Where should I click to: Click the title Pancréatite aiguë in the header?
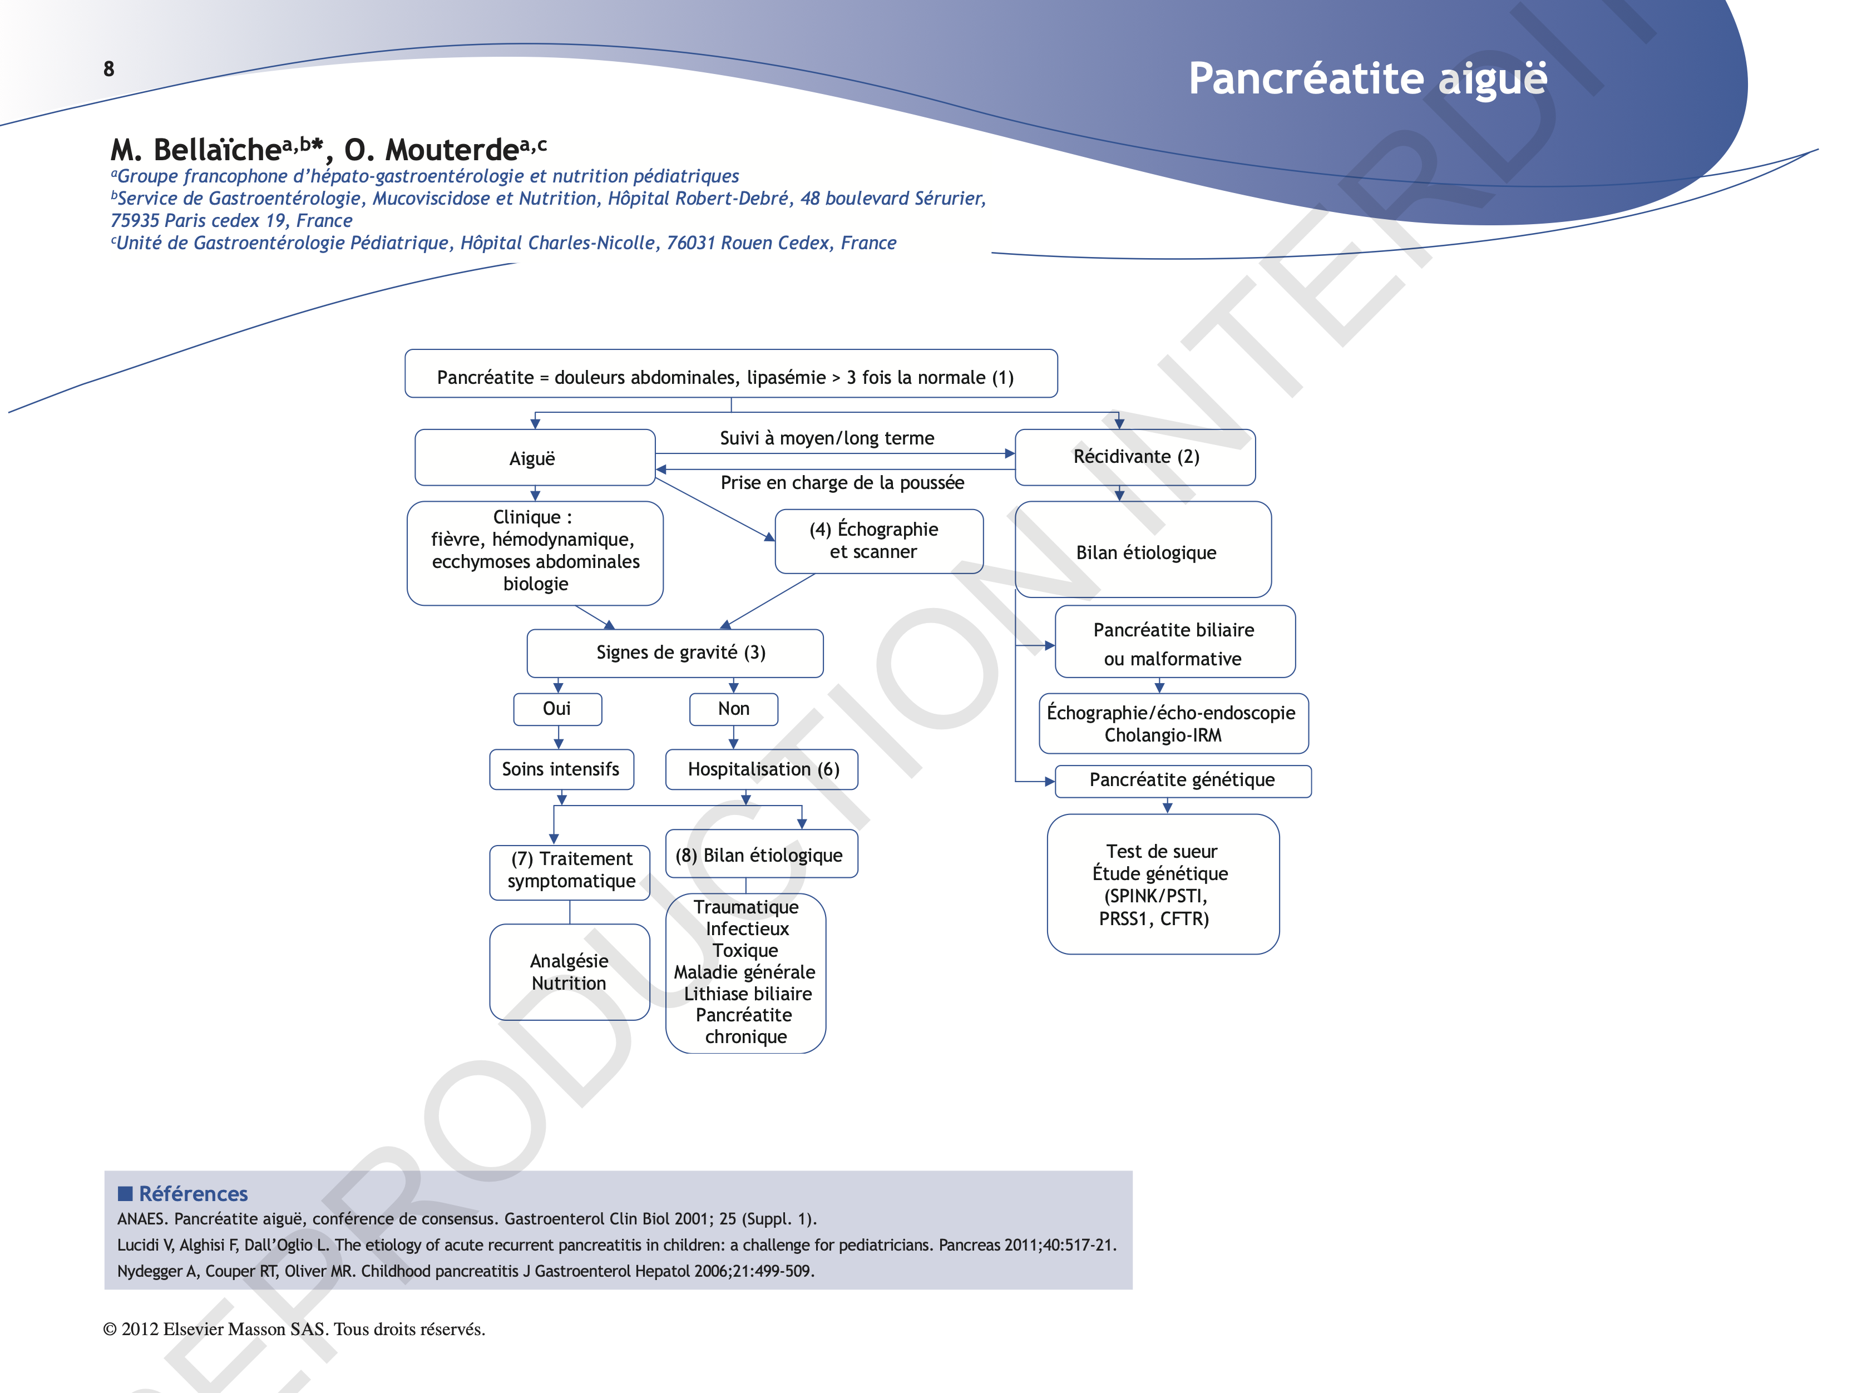tap(1367, 78)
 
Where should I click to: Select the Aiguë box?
tap(534, 458)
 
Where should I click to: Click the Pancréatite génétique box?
tap(1182, 780)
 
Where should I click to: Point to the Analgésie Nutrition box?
tap(569, 972)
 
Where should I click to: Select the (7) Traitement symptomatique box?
tap(570, 871)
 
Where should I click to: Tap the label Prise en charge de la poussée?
tap(842, 483)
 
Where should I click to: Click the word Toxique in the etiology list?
tap(745, 951)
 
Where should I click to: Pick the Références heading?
tap(194, 1194)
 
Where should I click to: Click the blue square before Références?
tap(126, 1193)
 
